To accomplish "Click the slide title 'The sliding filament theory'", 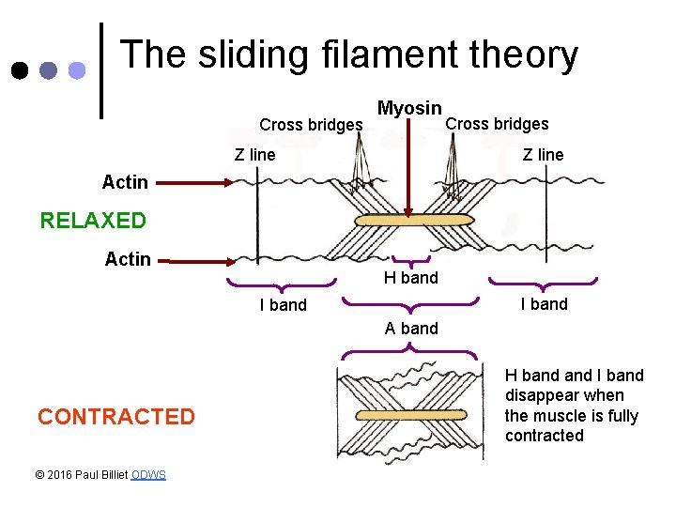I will [348, 55].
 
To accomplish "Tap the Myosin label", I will [408, 109].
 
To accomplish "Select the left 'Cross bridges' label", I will [311, 125].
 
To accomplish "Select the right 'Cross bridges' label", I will [497, 124].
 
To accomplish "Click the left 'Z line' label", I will [254, 155].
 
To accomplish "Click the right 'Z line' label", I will [543, 155].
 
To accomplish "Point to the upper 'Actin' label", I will [125, 181].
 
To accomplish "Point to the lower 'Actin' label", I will [128, 259].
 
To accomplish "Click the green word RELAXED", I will [93, 221].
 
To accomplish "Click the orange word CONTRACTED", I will [116, 417].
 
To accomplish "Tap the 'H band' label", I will [410, 278].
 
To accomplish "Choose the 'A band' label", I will [411, 328].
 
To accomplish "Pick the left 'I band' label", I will [283, 304].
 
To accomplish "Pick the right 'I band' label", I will [544, 303].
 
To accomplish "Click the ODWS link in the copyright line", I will [148, 475].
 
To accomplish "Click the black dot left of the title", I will [20, 70].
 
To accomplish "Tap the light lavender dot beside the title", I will [77, 70].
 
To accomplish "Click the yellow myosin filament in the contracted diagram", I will [410, 414].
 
